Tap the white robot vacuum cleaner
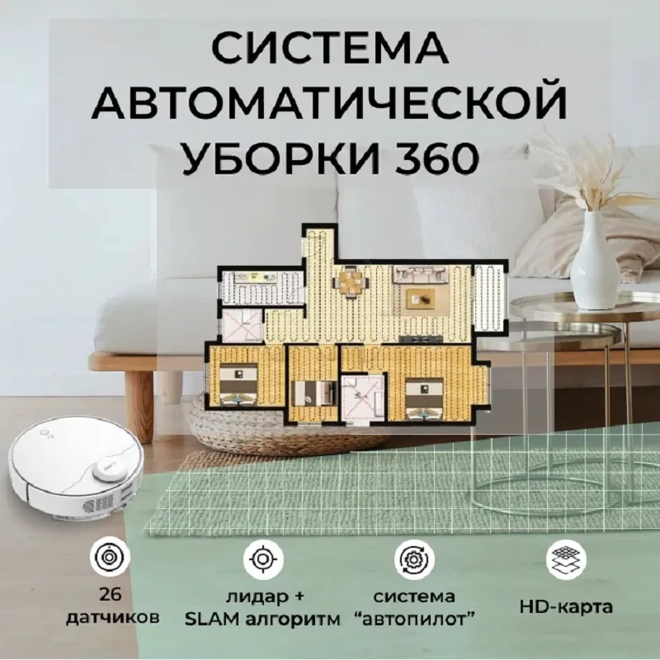tap(75, 469)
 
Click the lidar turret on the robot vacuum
tap(109, 469)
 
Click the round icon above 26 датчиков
tap(110, 557)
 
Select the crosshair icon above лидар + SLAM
tap(263, 559)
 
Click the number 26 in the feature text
tap(111, 595)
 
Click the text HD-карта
tap(566, 607)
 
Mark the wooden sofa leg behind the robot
tap(139, 405)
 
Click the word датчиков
tap(113, 618)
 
